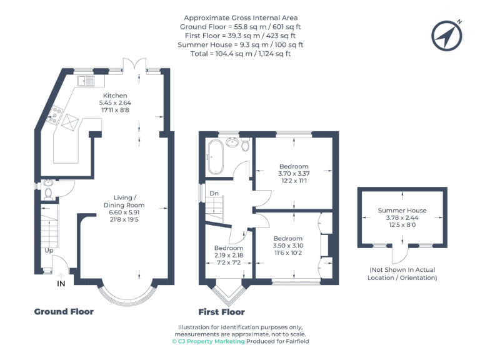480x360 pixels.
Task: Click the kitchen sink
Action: [86, 80]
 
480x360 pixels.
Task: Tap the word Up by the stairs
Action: [48, 250]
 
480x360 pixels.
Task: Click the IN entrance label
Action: [61, 284]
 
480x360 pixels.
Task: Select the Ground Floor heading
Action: [64, 311]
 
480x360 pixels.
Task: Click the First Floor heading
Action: [221, 312]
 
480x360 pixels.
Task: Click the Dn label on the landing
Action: [214, 193]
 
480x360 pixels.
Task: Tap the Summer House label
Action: [402, 211]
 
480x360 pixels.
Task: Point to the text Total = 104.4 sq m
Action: [241, 54]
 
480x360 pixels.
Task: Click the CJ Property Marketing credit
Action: [208, 342]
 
